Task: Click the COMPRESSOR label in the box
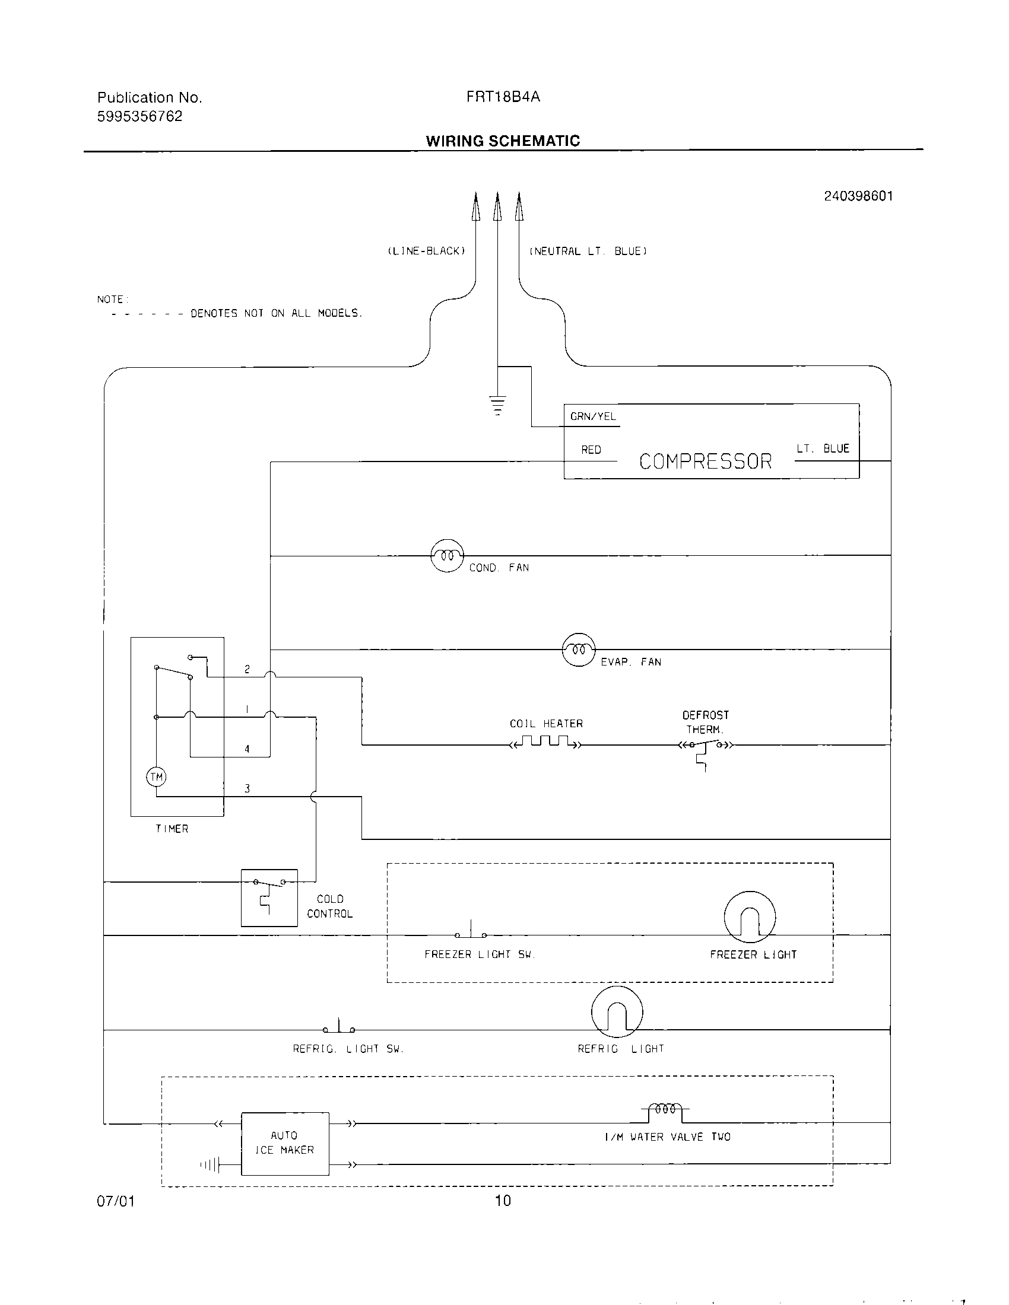pos(705,461)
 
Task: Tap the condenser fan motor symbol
pos(447,556)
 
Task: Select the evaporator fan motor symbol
pos(579,650)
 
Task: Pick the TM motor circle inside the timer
pos(156,777)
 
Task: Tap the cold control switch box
pos(269,897)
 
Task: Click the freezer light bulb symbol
pos(750,917)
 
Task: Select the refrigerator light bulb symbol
pos(617,1011)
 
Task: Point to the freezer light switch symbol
pos(471,932)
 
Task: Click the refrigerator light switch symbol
pos(339,1027)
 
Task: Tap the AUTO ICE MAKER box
pos(284,1143)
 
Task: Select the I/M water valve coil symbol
pos(665,1109)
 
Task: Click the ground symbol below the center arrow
pos(497,405)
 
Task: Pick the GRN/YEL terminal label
pos(593,416)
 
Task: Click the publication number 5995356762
pos(140,116)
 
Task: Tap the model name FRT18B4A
pos(503,97)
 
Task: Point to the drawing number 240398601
pos(858,196)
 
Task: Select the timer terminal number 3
pos(247,789)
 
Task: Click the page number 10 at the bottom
pos(503,1201)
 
